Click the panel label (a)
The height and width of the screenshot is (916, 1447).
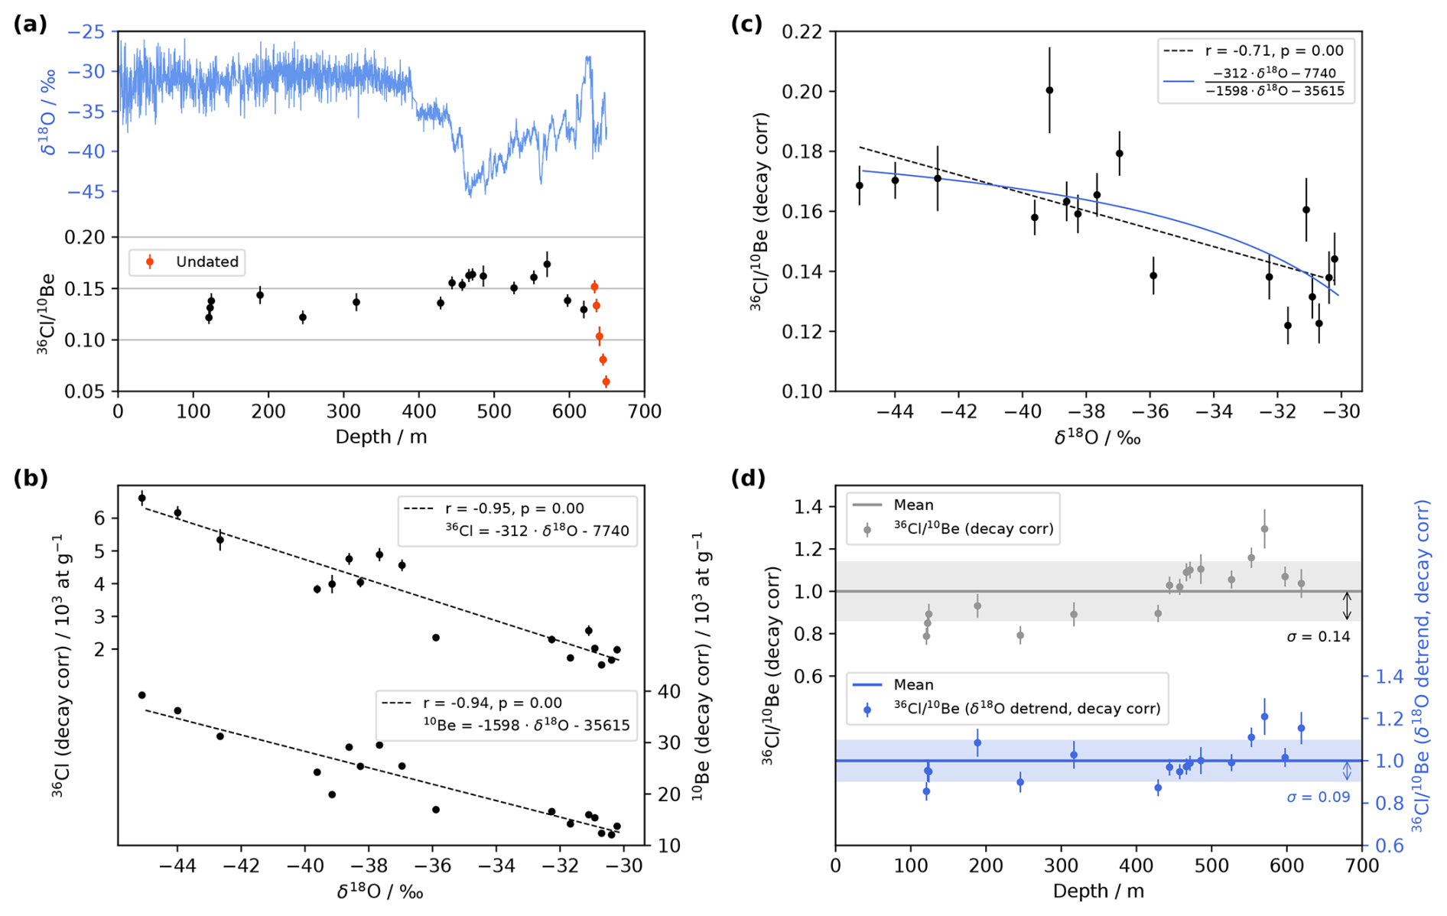tap(30, 24)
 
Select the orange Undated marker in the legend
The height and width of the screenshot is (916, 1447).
tap(150, 262)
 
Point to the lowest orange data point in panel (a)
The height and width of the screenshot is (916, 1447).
tap(606, 382)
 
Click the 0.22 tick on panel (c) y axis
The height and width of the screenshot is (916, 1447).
tap(802, 32)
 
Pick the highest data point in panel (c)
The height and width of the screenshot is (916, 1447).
tap(1049, 90)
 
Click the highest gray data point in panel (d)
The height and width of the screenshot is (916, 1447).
tap(1264, 529)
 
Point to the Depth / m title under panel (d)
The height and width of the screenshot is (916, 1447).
tap(1097, 891)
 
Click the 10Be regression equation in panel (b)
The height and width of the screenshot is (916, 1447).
tap(527, 725)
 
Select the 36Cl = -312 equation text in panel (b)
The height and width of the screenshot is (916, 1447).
tap(537, 531)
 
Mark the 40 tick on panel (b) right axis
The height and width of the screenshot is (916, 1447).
tap(668, 691)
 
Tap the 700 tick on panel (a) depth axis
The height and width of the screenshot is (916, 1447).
tap(644, 411)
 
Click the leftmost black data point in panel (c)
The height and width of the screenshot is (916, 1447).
tap(859, 186)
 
